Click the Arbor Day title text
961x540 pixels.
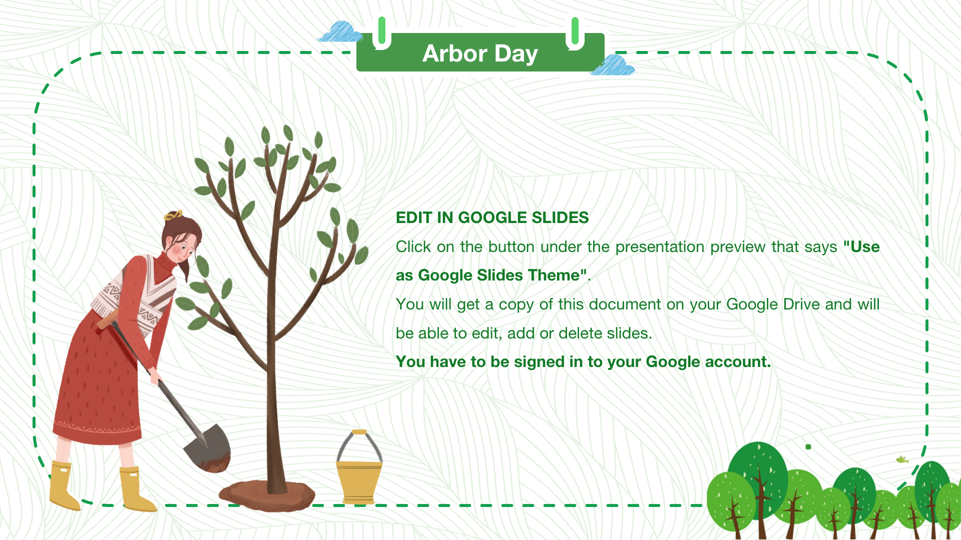click(480, 53)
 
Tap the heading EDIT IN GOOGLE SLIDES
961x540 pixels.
click(492, 217)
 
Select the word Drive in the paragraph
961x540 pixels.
click(801, 304)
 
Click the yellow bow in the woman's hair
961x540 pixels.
click(173, 215)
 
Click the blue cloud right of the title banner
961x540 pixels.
click(613, 65)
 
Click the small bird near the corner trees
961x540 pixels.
click(902, 459)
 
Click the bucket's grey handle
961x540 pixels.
click(359, 446)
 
